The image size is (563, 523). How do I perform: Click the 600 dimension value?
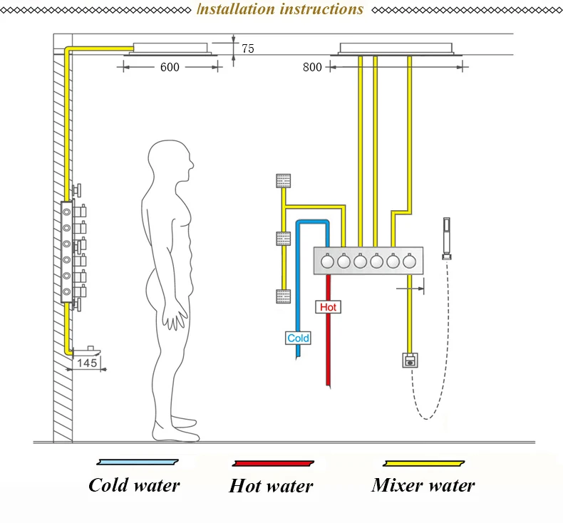point(170,67)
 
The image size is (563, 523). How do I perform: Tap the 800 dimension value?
point(312,67)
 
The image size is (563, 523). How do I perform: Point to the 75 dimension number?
point(248,48)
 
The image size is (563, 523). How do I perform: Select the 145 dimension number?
point(87,363)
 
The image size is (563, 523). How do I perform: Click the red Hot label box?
point(328,307)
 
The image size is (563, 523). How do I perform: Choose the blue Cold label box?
point(298,338)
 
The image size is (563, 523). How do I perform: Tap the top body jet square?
point(284,181)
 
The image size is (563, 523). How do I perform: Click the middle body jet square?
point(284,239)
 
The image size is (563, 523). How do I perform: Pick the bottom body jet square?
point(284,296)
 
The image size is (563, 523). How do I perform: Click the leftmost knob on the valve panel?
point(327,261)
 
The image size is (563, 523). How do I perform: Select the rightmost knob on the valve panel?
point(410,261)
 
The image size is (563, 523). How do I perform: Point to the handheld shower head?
point(447,239)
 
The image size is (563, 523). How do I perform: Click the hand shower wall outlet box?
point(410,361)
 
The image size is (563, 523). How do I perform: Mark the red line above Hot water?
point(273,463)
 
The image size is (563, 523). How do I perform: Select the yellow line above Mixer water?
point(424,463)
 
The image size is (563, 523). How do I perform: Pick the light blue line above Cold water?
point(138,462)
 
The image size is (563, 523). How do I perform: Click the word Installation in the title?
point(236,9)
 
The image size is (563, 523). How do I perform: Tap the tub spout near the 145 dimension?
point(87,351)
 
